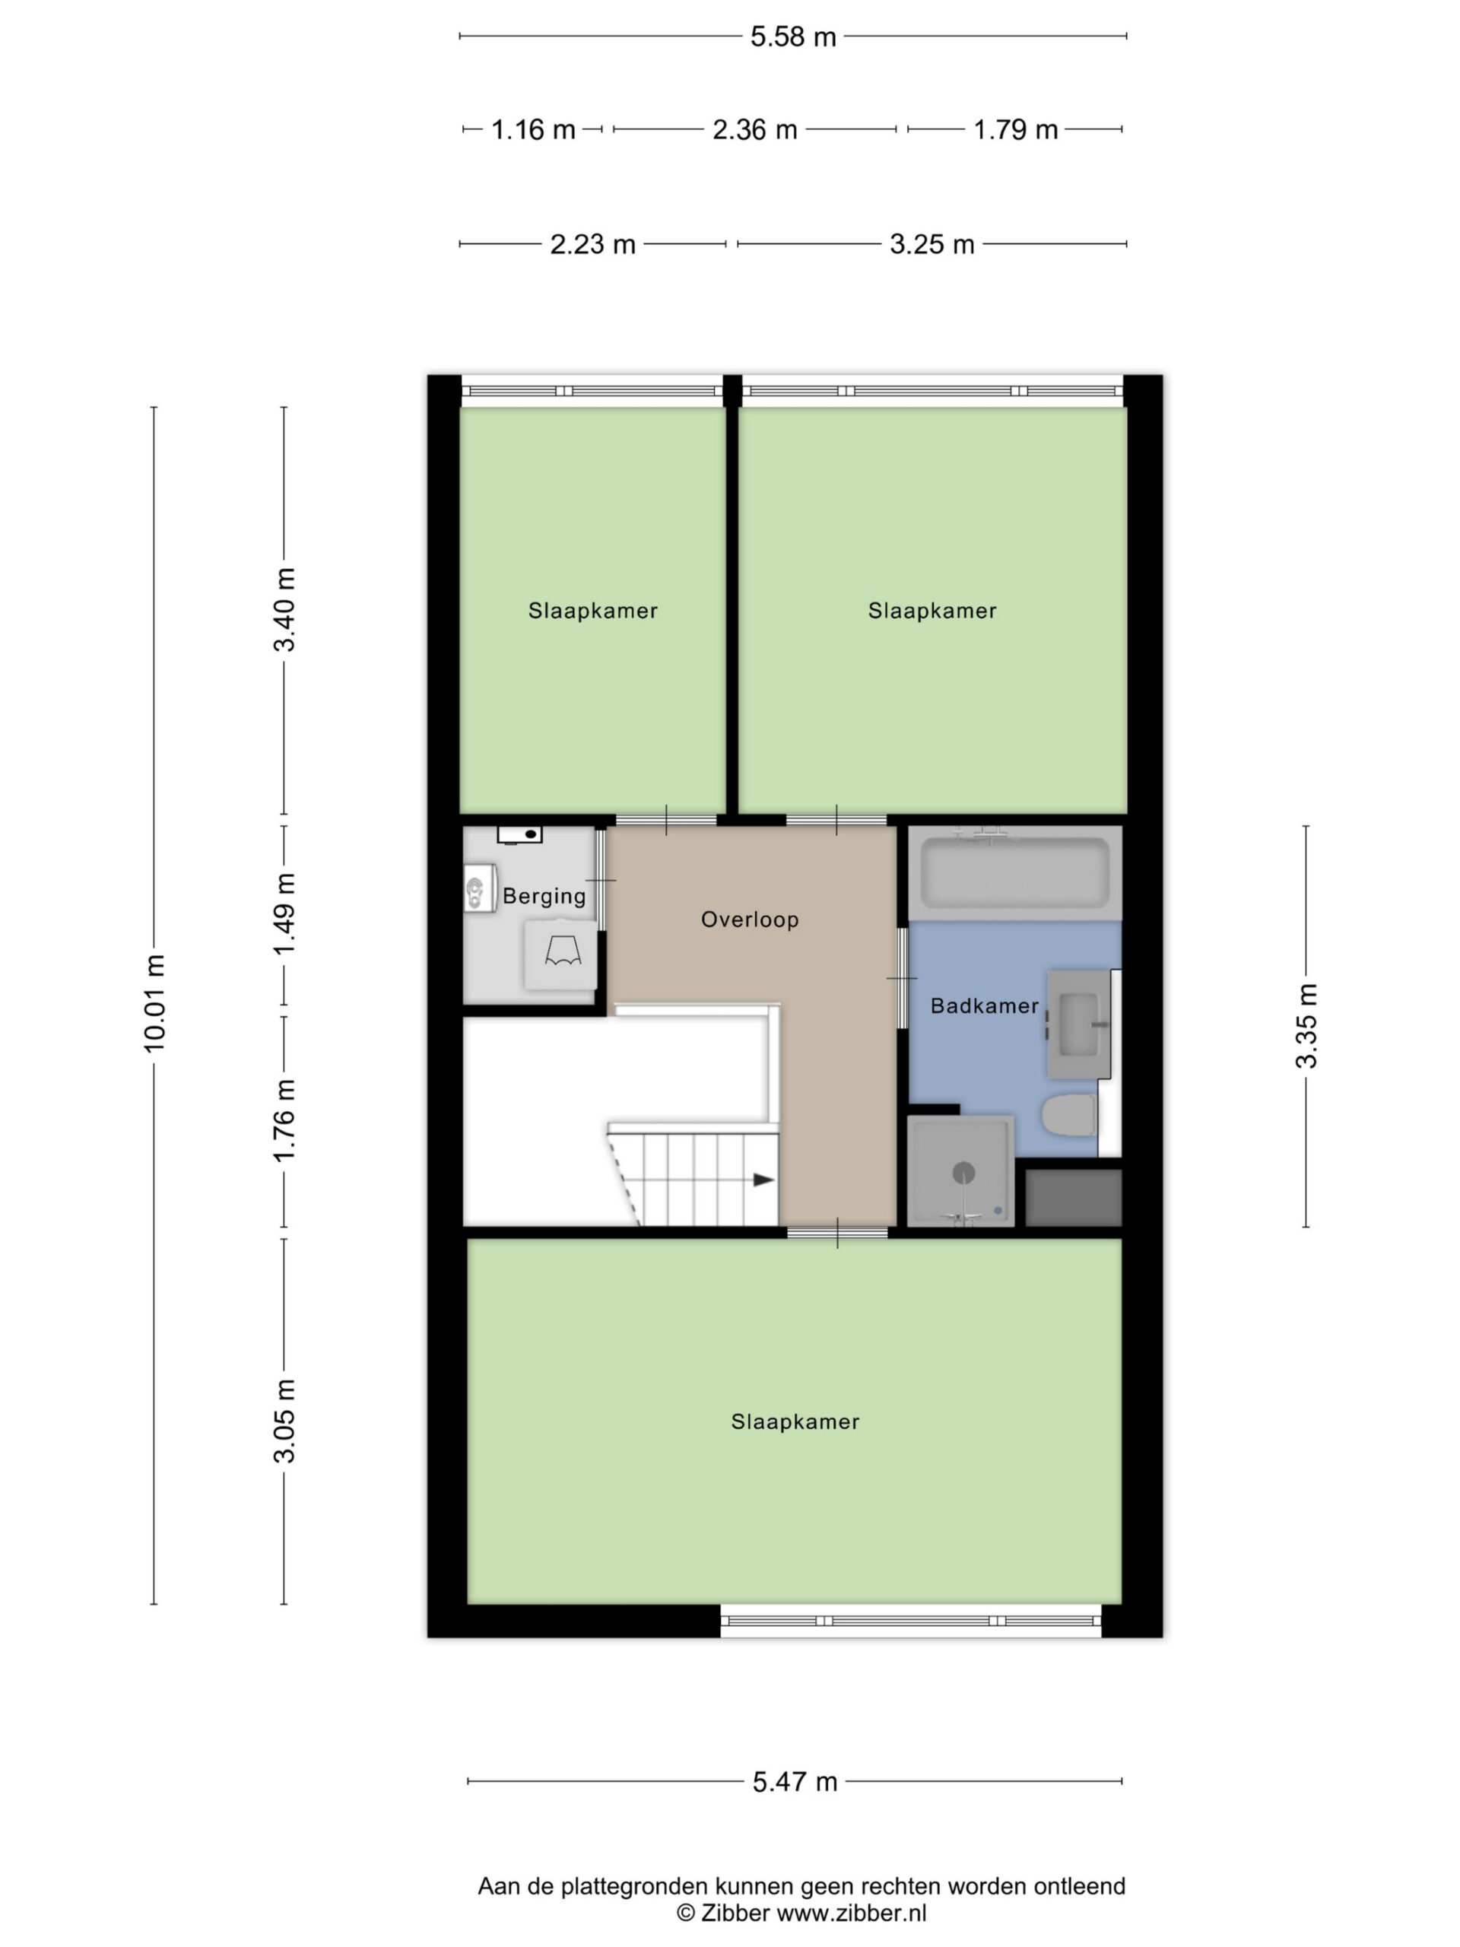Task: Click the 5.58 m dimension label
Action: (x=792, y=37)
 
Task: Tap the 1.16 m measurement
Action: (x=532, y=129)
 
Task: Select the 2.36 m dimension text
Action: (x=754, y=129)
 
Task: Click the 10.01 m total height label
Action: (x=155, y=1002)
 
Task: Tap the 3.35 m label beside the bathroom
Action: (x=1306, y=1025)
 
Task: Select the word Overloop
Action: (x=749, y=919)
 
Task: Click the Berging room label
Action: (x=544, y=896)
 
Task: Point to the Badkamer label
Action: (x=984, y=1005)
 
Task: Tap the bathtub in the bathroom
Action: (x=1014, y=873)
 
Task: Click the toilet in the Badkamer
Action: (x=1068, y=1115)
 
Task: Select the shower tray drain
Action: (x=964, y=1173)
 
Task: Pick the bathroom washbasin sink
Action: (x=1078, y=1024)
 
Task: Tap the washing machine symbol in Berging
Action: (x=560, y=954)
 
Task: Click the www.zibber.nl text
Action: (x=851, y=1913)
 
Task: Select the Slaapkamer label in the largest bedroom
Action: (x=795, y=1421)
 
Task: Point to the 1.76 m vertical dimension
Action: (x=284, y=1120)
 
